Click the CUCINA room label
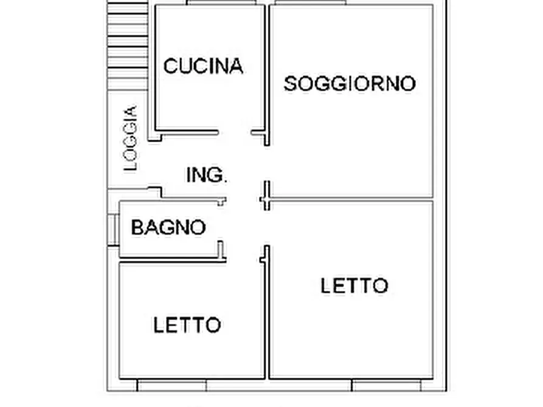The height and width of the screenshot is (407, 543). pyautogui.click(x=203, y=66)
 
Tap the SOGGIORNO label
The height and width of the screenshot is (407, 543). pyautogui.click(x=350, y=83)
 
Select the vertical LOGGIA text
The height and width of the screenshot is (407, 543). pyautogui.click(x=130, y=139)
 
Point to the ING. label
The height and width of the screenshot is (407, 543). pyautogui.click(x=207, y=175)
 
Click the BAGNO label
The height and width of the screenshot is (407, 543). pyautogui.click(x=168, y=228)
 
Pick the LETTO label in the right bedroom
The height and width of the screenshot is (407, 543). pyautogui.click(x=354, y=286)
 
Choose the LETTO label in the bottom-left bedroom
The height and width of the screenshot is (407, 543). pyautogui.click(x=187, y=325)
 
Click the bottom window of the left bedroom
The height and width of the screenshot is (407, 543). pyautogui.click(x=171, y=385)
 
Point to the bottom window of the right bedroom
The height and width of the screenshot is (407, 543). pyautogui.click(x=387, y=385)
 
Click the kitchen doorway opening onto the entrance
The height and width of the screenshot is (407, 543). pyautogui.click(x=235, y=132)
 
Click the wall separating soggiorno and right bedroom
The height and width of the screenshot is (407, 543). pyautogui.click(x=351, y=199)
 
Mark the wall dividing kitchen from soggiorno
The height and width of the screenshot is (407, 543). pyautogui.click(x=266, y=67)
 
